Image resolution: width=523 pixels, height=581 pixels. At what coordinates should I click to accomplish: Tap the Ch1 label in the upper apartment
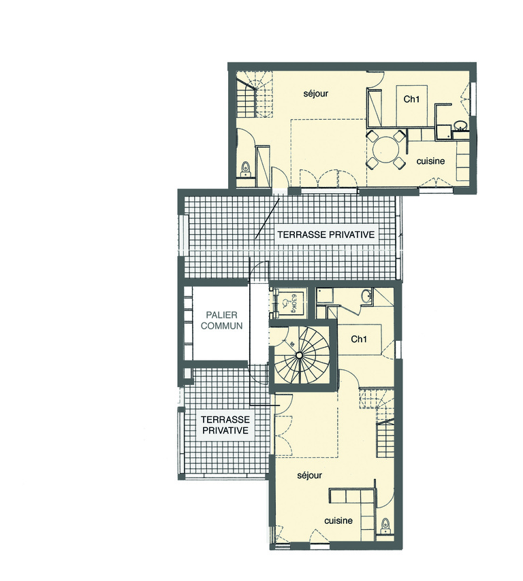pos(411,99)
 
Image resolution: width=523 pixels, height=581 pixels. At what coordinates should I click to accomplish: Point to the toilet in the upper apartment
pos(245,167)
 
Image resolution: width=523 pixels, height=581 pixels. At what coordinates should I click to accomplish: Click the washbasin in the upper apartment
pos(461,125)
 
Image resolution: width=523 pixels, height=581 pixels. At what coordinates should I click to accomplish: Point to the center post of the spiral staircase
pos(298,356)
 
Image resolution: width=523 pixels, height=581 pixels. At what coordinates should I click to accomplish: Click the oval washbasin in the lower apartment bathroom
pos(366,296)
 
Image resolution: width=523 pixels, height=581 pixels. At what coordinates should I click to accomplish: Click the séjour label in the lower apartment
pos(309,476)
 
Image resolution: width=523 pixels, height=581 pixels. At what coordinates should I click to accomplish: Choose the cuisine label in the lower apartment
pos(338,520)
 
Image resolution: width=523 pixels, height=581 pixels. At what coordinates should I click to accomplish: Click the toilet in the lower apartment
pos(387,525)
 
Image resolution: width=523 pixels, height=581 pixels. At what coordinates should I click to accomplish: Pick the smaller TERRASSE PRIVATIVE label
pos(224,425)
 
